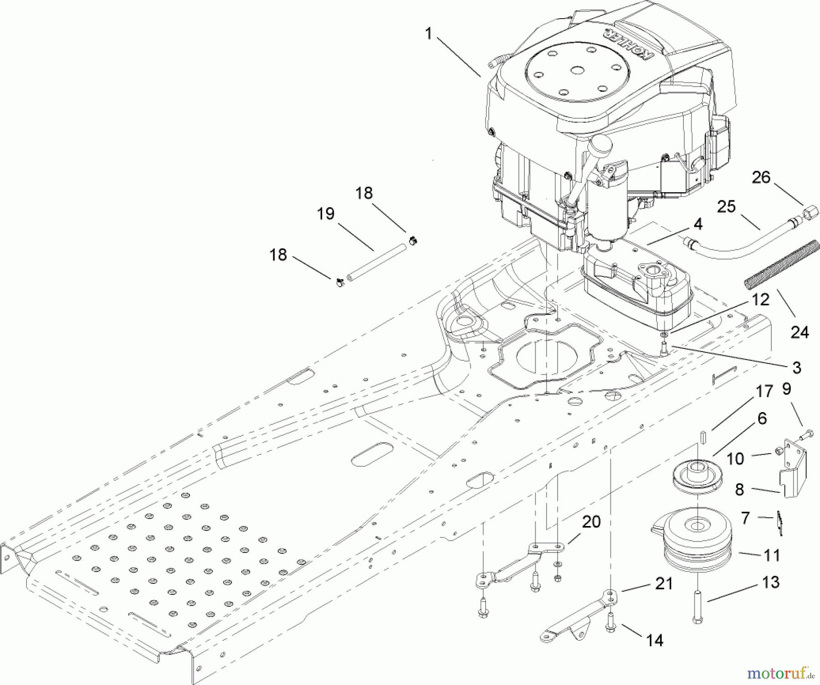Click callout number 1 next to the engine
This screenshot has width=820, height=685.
click(x=428, y=34)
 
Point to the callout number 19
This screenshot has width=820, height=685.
click(x=325, y=213)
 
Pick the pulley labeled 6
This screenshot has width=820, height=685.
click(x=694, y=480)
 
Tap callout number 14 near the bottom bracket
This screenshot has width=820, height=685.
click(x=655, y=640)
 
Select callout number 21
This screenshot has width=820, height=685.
click(x=664, y=583)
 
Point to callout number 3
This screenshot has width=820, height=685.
click(x=796, y=367)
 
